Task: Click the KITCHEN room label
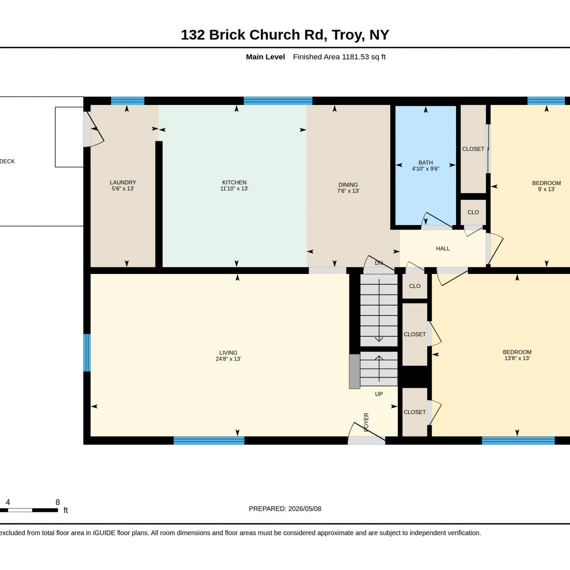234,182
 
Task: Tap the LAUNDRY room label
123,182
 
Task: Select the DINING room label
348,185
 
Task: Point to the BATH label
426,163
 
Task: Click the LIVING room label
228,353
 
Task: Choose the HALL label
443,249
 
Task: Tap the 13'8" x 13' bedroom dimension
517,358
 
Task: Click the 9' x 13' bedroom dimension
546,189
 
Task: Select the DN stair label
379,263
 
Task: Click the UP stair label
379,394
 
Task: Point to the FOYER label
366,422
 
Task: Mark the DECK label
7,161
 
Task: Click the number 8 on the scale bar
58,502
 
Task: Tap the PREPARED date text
285,508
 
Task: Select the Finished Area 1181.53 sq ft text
339,57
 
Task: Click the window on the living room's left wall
87,353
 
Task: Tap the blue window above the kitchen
278,101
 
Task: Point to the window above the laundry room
128,101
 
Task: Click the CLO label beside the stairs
415,286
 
